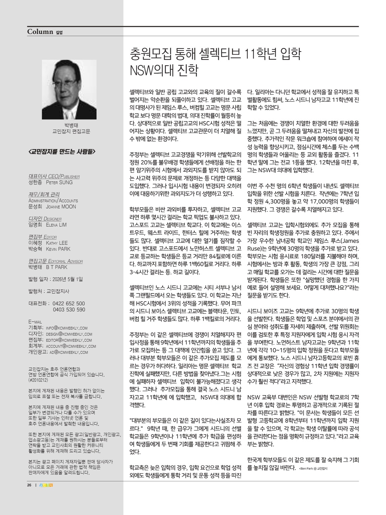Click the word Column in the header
click(x=40, y=32)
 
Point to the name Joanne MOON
click(x=61, y=207)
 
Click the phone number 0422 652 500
click(x=69, y=304)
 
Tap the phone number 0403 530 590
click(x=69, y=310)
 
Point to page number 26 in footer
click(x=29, y=485)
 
